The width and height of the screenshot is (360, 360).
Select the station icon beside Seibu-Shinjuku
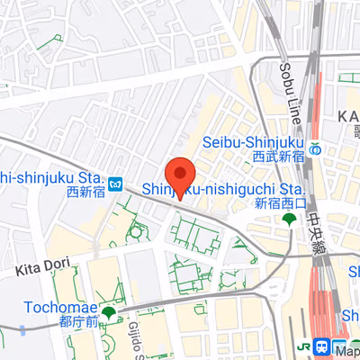(x=315, y=149)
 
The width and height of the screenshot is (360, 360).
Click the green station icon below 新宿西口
(x=289, y=220)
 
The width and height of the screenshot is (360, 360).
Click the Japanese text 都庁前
(x=74, y=319)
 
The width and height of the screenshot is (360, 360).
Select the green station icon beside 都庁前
(x=109, y=313)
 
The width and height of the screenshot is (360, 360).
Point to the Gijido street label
(x=135, y=337)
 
